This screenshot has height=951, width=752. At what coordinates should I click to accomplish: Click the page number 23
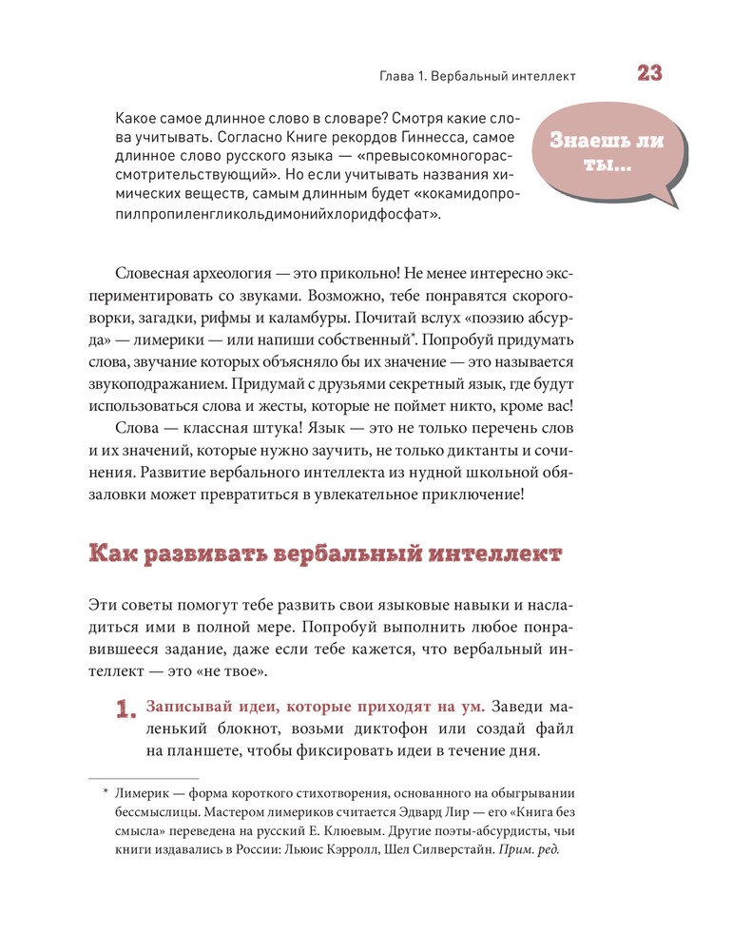[649, 74]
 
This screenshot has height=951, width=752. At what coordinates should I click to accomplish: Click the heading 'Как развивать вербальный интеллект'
[324, 553]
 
